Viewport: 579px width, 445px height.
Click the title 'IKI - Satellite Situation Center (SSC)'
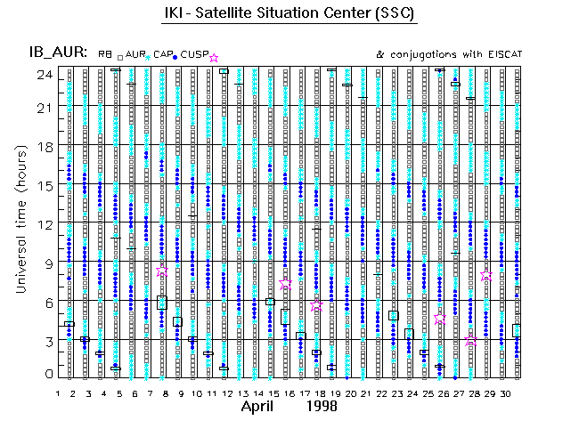click(289, 15)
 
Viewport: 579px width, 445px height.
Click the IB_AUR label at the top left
click(56, 53)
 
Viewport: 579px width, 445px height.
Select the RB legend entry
click(105, 55)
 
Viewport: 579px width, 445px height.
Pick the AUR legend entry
click(135, 55)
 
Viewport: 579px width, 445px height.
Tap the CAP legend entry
click(163, 55)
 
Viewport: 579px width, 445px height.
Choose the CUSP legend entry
click(194, 55)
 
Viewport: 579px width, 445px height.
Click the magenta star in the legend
click(213, 58)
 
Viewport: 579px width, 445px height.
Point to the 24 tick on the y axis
click(44, 75)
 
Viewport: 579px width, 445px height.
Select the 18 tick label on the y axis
click(45, 146)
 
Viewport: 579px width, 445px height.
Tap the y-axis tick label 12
click(45, 223)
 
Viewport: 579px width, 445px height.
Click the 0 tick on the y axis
click(48, 375)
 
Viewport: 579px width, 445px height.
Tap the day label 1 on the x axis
click(58, 392)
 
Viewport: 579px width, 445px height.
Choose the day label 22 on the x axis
click(380, 392)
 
